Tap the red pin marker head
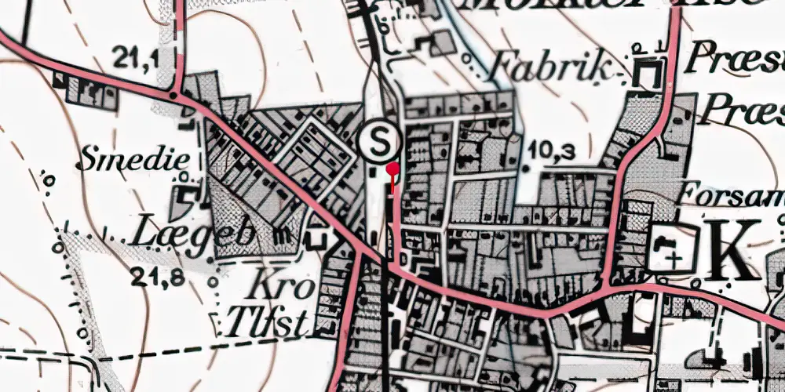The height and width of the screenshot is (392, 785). click(393, 168)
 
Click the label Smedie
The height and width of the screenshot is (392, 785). click(134, 161)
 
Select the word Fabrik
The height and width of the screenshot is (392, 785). click(549, 69)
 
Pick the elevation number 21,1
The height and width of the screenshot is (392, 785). click(134, 56)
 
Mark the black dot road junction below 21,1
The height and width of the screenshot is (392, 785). click(173, 95)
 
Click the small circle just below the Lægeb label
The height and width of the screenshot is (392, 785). click(214, 280)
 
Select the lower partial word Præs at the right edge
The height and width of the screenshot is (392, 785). click(742, 109)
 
